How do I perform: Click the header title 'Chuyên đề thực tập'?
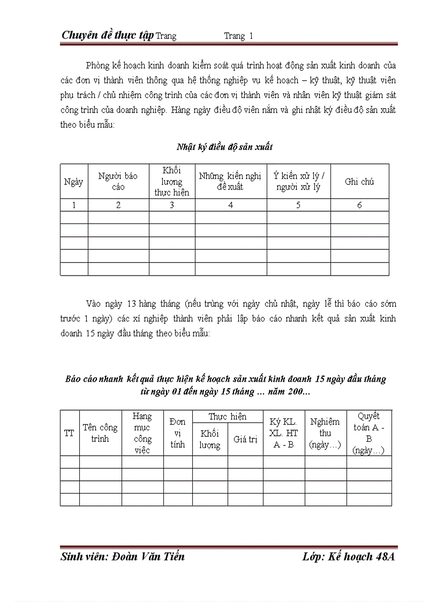pyautogui.click(x=108, y=35)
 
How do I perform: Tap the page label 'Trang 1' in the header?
pyautogui.click(x=238, y=36)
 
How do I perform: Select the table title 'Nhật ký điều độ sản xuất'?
pyautogui.click(x=224, y=146)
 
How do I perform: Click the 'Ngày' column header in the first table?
pyautogui.click(x=73, y=182)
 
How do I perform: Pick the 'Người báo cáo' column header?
pyautogui.click(x=118, y=181)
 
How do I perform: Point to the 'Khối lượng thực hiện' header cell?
pyautogui.click(x=172, y=181)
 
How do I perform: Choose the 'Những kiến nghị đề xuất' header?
pyautogui.click(x=230, y=181)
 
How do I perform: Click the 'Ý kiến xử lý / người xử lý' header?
pyautogui.click(x=298, y=181)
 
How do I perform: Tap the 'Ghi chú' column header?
pyautogui.click(x=359, y=182)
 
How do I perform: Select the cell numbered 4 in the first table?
pyautogui.click(x=231, y=205)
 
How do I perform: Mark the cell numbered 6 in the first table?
pyautogui.click(x=359, y=205)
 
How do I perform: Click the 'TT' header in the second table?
pyautogui.click(x=69, y=433)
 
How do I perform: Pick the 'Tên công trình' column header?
pyautogui.click(x=100, y=433)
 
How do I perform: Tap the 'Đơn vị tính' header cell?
pyautogui.click(x=178, y=433)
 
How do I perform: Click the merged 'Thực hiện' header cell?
pyautogui.click(x=228, y=417)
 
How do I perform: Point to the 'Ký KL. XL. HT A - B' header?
pyautogui.click(x=284, y=433)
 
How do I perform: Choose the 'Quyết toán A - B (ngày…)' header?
pyautogui.click(x=369, y=433)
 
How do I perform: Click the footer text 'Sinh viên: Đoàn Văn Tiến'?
pyautogui.click(x=123, y=556)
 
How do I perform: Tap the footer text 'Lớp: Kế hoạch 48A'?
pyautogui.click(x=348, y=556)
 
